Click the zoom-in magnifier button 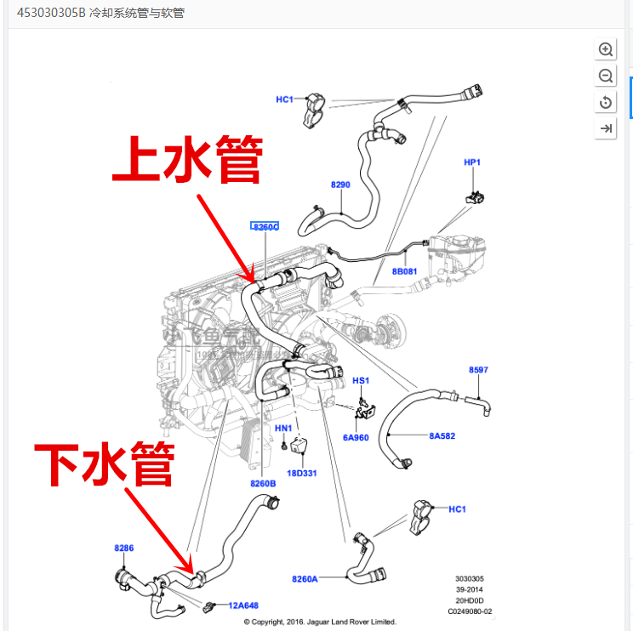pos(606,49)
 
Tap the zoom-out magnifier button pos(606,77)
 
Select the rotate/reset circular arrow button pos(606,103)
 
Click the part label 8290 pos(340,185)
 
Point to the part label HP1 pos(472,162)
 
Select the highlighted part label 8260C pos(265,226)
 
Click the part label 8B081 pos(404,271)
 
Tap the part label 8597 pos(478,369)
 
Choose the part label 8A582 pos(442,436)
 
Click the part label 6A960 pos(356,437)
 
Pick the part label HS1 pos(361,380)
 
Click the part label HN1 pos(283,428)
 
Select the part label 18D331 pos(302,473)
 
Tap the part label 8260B pos(264,483)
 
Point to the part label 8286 pos(124,548)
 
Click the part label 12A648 pos(242,605)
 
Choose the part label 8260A pos(305,579)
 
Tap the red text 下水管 pos(105,463)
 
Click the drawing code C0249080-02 pos(470,611)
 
